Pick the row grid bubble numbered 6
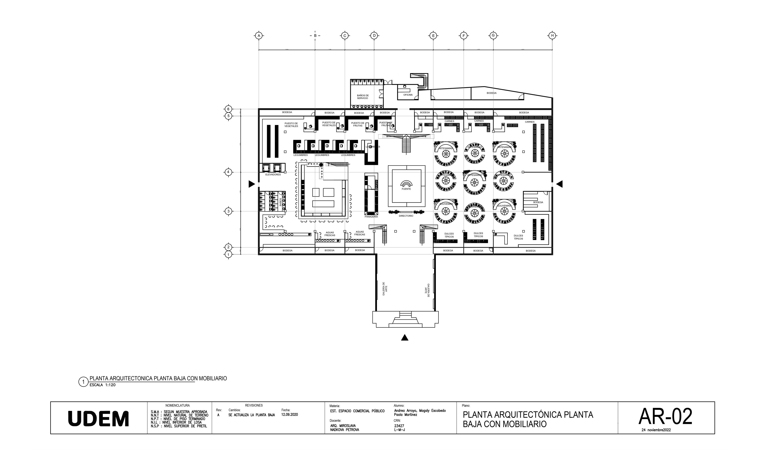[x=228, y=109]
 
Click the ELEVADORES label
[x=273, y=175]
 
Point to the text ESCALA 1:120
[x=103, y=385]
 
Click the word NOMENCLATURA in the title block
[x=177, y=405]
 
